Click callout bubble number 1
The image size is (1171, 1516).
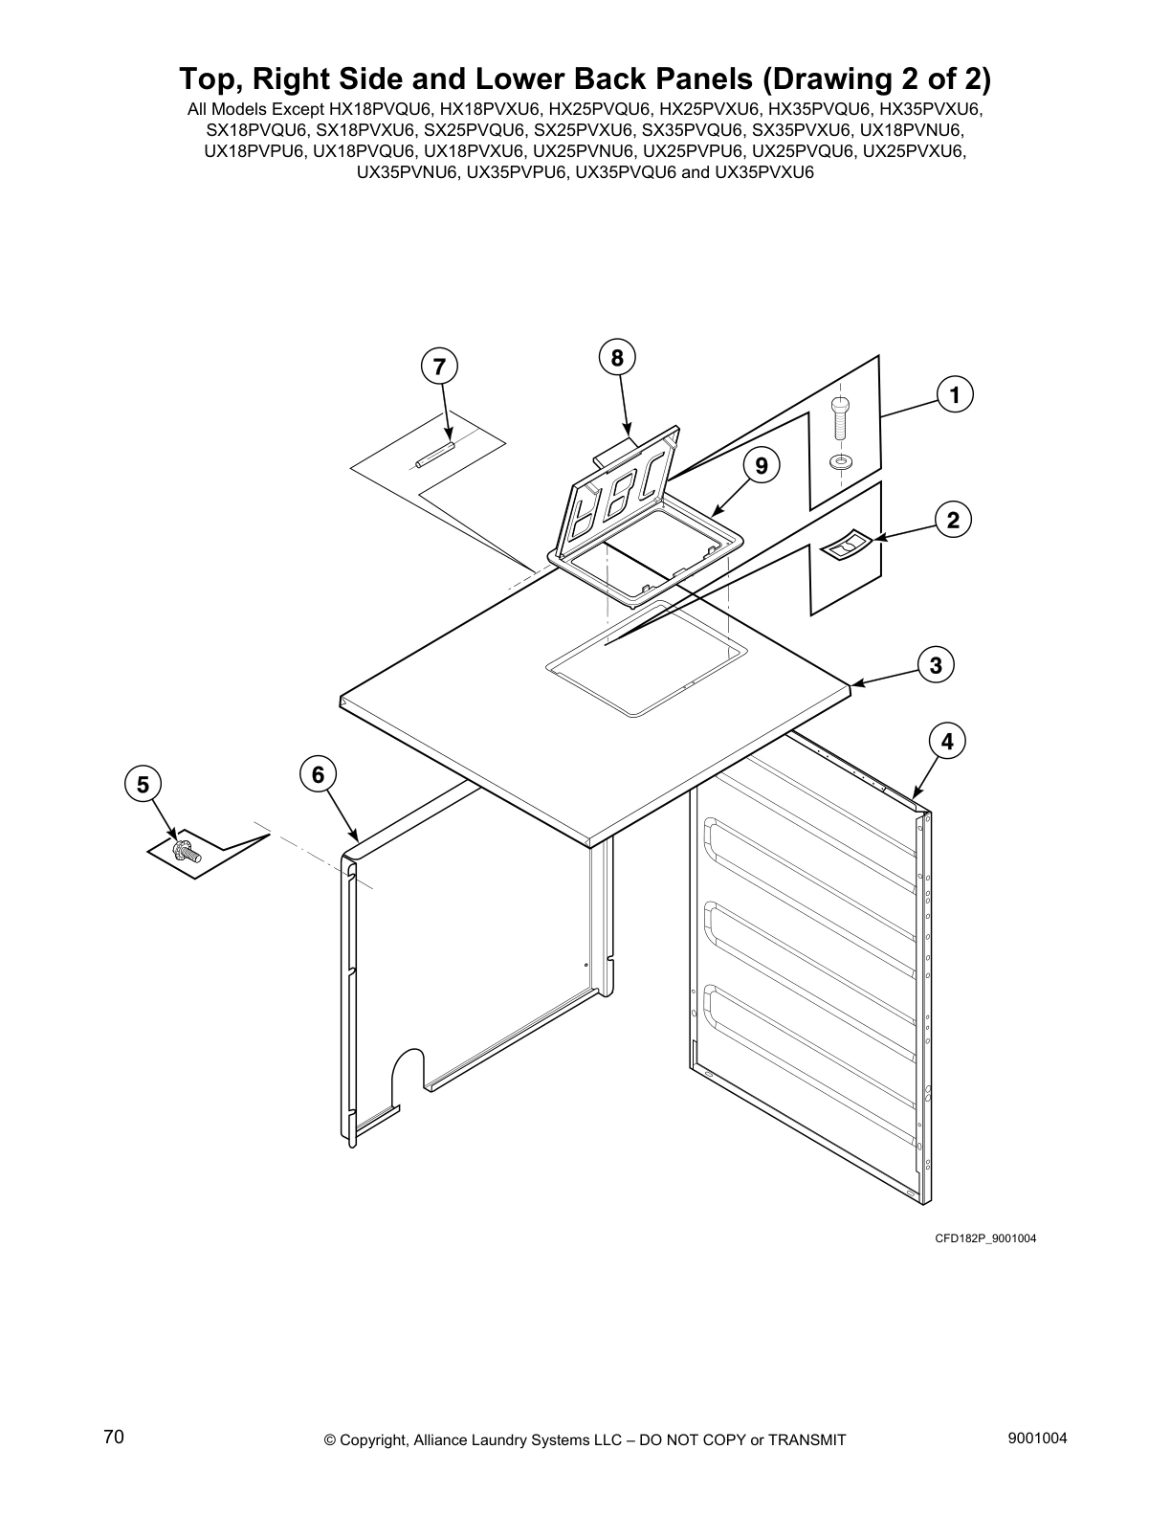click(x=954, y=394)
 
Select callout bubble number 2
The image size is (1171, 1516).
click(x=952, y=521)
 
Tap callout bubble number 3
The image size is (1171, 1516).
click(x=936, y=665)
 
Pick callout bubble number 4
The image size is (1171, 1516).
click(x=946, y=742)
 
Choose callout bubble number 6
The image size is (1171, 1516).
click(x=317, y=773)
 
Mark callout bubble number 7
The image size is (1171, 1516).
click(x=438, y=366)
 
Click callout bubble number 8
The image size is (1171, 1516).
click(x=617, y=358)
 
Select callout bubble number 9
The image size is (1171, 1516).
click(x=761, y=466)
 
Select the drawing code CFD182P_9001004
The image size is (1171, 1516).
click(x=985, y=1238)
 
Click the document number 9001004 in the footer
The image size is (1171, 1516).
click(x=1037, y=1438)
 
